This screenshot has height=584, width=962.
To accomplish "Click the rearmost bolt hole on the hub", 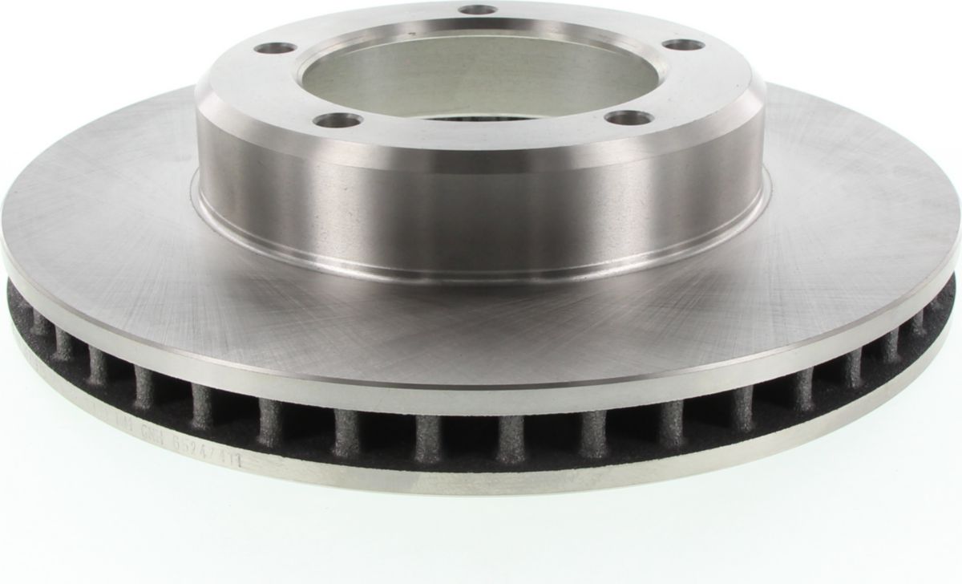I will (479, 10).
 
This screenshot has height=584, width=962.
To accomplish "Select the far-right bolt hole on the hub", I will (684, 44).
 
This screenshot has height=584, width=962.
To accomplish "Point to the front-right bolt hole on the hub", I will (628, 118).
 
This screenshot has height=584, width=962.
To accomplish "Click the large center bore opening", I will (479, 76).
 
